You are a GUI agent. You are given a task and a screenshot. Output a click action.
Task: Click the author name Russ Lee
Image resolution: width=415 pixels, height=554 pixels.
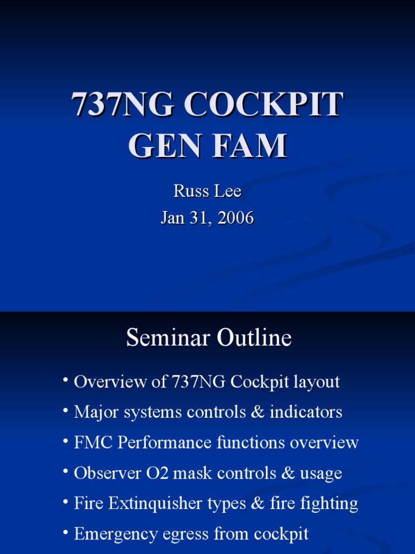tap(207, 191)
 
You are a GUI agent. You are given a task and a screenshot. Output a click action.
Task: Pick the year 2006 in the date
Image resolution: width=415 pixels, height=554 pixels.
tap(233, 218)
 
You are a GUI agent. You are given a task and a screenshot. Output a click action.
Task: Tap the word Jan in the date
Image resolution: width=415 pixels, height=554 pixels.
tap(173, 218)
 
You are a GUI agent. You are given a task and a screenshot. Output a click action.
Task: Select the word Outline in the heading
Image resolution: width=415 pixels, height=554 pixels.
tap(254, 338)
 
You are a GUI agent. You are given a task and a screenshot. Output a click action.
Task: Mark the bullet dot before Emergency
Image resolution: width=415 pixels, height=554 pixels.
tap(65, 533)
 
